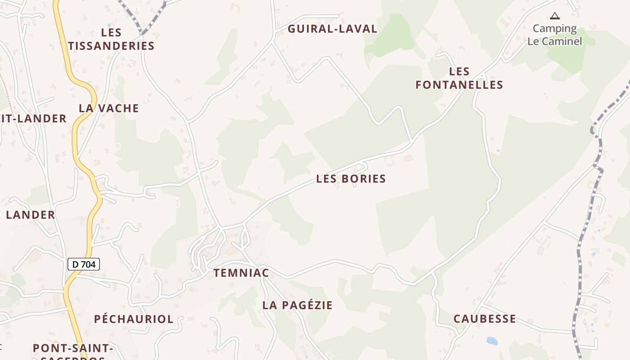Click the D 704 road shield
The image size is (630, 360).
[x=84, y=264]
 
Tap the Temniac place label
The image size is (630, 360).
[x=241, y=273]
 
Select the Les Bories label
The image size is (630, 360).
[x=351, y=179]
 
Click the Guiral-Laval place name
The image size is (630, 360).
[x=333, y=29]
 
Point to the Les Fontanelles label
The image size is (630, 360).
[x=459, y=78]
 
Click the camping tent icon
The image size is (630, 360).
[x=555, y=16]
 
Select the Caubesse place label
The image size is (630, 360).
[x=485, y=319]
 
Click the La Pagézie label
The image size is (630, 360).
[x=297, y=305]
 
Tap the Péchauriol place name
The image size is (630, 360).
[x=134, y=319]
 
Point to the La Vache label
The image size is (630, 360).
[x=109, y=108]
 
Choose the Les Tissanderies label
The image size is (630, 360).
[x=111, y=39]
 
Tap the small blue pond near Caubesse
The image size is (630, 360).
[x=492, y=341]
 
